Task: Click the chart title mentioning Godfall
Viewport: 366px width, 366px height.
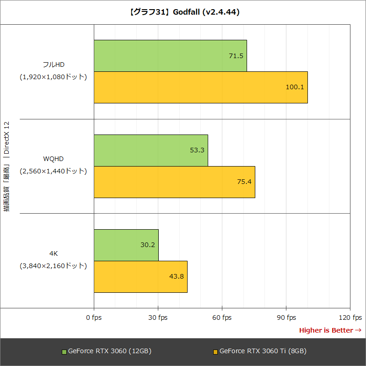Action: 183,12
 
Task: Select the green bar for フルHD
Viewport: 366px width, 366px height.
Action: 170,56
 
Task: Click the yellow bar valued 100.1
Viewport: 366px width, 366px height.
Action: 200,87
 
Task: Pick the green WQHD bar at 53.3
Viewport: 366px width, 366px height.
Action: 151,150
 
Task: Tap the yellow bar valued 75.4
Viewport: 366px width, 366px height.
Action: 174,182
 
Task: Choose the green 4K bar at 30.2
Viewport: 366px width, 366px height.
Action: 126,245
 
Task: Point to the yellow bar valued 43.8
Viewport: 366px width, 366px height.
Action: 140,276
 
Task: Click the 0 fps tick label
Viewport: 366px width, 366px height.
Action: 94,318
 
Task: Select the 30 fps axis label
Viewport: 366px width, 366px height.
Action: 158,318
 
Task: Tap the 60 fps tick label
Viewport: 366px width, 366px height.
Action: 222,318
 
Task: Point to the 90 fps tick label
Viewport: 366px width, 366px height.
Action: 286,318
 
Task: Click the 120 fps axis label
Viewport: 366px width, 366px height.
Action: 350,318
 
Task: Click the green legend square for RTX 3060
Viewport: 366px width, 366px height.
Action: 64,352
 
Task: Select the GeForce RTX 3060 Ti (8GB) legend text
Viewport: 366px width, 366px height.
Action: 263,351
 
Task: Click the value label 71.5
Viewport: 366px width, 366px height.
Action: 236,56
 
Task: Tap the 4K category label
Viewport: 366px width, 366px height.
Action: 53,253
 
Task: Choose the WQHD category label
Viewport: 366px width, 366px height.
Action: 53,159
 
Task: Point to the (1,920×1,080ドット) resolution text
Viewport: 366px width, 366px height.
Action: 53,77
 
